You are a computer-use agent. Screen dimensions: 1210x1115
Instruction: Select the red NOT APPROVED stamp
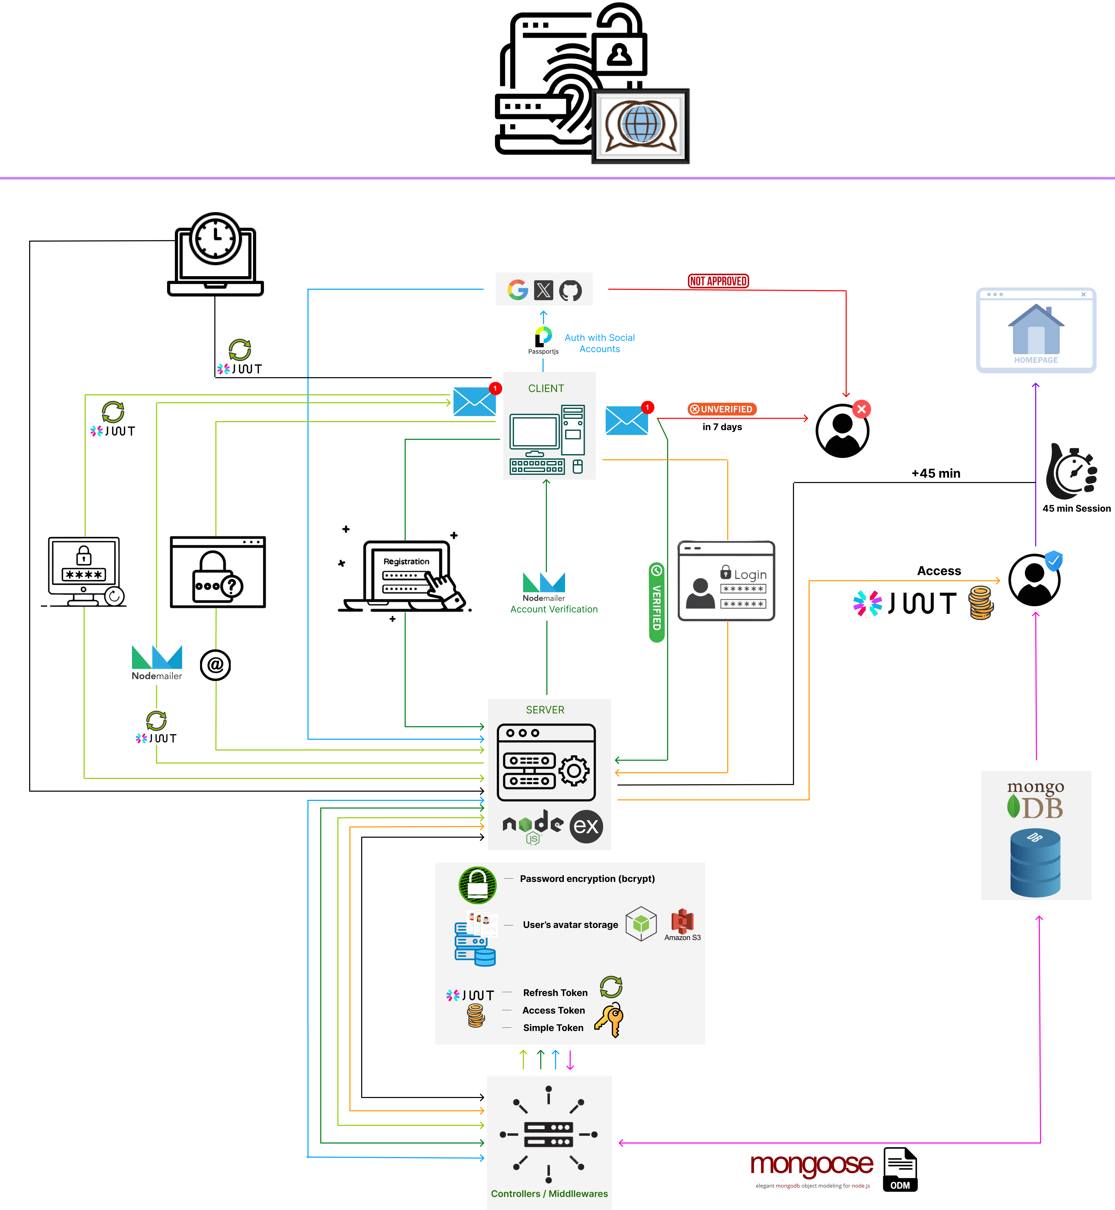coord(718,281)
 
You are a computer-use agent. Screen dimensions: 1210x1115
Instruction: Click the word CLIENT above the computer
coord(546,388)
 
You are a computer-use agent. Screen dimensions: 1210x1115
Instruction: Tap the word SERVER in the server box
coord(545,710)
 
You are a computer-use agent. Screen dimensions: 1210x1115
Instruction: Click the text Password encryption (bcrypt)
coord(587,879)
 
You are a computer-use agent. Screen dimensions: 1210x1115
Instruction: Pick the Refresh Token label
coord(555,993)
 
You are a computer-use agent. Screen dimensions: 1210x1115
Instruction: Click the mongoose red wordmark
coord(812,1164)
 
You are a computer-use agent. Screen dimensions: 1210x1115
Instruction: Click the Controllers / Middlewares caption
coord(549,1194)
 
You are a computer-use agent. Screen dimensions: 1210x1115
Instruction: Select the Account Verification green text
coord(554,609)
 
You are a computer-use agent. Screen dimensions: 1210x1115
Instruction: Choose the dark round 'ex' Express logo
coord(586,826)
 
